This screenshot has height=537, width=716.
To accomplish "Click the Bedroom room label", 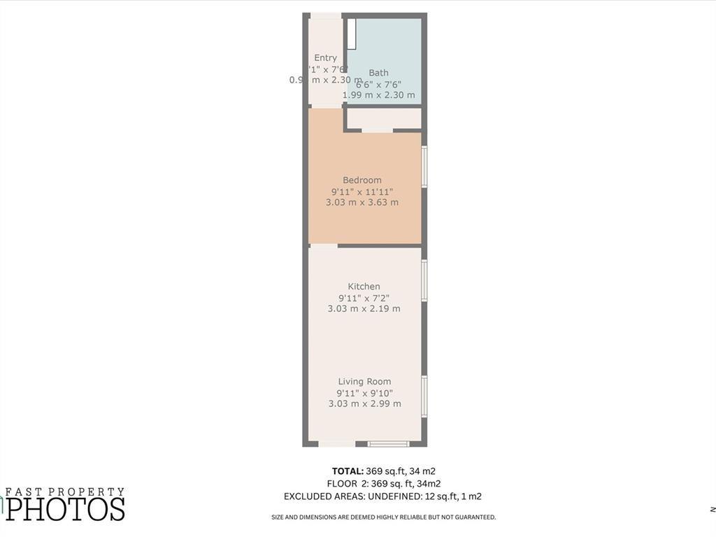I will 362,180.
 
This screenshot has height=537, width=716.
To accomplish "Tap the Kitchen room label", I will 364,287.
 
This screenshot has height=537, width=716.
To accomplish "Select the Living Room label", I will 364,382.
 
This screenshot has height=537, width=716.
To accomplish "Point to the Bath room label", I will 379,73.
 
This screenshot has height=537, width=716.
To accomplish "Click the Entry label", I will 326,58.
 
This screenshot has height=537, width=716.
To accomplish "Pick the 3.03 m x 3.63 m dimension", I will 362,203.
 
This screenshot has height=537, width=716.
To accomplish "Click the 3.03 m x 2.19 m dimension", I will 364,309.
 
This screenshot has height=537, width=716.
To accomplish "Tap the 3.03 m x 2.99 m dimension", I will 364,404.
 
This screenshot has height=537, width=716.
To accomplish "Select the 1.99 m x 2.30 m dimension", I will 379,95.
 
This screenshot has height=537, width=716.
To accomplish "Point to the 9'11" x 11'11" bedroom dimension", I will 362,192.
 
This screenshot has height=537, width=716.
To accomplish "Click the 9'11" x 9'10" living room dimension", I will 364,393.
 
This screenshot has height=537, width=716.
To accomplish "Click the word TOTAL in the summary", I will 348,471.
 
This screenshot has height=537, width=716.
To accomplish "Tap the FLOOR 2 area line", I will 383,484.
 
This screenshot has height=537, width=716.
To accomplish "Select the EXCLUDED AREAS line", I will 382,496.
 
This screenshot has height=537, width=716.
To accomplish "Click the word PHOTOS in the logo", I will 66,508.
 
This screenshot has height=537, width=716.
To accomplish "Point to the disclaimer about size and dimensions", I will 383,517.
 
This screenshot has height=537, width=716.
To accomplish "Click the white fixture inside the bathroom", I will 352,34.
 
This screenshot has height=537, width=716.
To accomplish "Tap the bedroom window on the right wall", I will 424,166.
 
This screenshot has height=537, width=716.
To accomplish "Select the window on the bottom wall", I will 389,443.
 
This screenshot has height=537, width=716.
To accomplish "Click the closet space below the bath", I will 384,119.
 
